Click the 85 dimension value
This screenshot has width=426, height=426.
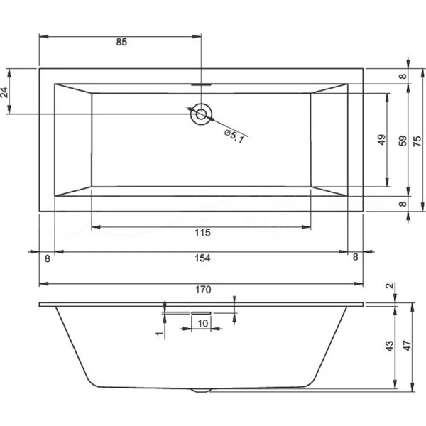121,43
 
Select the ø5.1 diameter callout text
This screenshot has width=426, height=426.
234,135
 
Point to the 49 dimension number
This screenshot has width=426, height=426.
381,140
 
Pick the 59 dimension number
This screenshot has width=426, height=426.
402,140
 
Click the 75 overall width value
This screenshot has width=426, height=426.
418,140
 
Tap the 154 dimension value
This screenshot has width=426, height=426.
202,258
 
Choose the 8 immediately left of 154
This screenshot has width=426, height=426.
47,258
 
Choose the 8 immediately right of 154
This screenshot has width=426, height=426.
355,258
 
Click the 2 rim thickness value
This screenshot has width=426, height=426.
388,286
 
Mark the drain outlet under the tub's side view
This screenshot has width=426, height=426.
202,390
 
